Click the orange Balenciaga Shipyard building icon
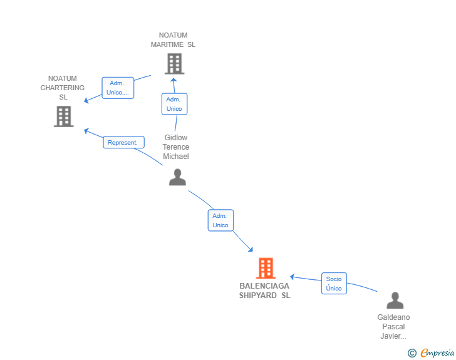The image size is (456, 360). tap(266, 268)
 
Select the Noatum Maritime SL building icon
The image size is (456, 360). tap(175, 64)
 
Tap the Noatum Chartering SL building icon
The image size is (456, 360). tap(64, 116)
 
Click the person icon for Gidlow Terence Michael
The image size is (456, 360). tap(177, 177)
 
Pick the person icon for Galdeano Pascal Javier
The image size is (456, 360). tap(395, 301)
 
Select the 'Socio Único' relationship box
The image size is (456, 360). tap(334, 283)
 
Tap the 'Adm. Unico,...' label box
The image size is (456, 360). tap(118, 88)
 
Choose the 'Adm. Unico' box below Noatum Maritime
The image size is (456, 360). tap(174, 104)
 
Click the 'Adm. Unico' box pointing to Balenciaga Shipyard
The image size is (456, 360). tap(220, 220)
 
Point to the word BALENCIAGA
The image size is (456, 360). tap(264, 286)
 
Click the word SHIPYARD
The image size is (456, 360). tap(257, 296)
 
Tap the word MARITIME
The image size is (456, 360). tap(167, 44)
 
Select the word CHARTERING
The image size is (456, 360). tap(62, 88)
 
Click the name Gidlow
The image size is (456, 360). tap(175, 138)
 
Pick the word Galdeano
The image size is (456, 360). tap(393, 317)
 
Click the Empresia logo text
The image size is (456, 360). tap(437, 352)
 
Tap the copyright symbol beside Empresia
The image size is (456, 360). tap(412, 353)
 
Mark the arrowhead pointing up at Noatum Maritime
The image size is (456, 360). tap(174, 81)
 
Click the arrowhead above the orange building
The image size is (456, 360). tap(251, 249)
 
